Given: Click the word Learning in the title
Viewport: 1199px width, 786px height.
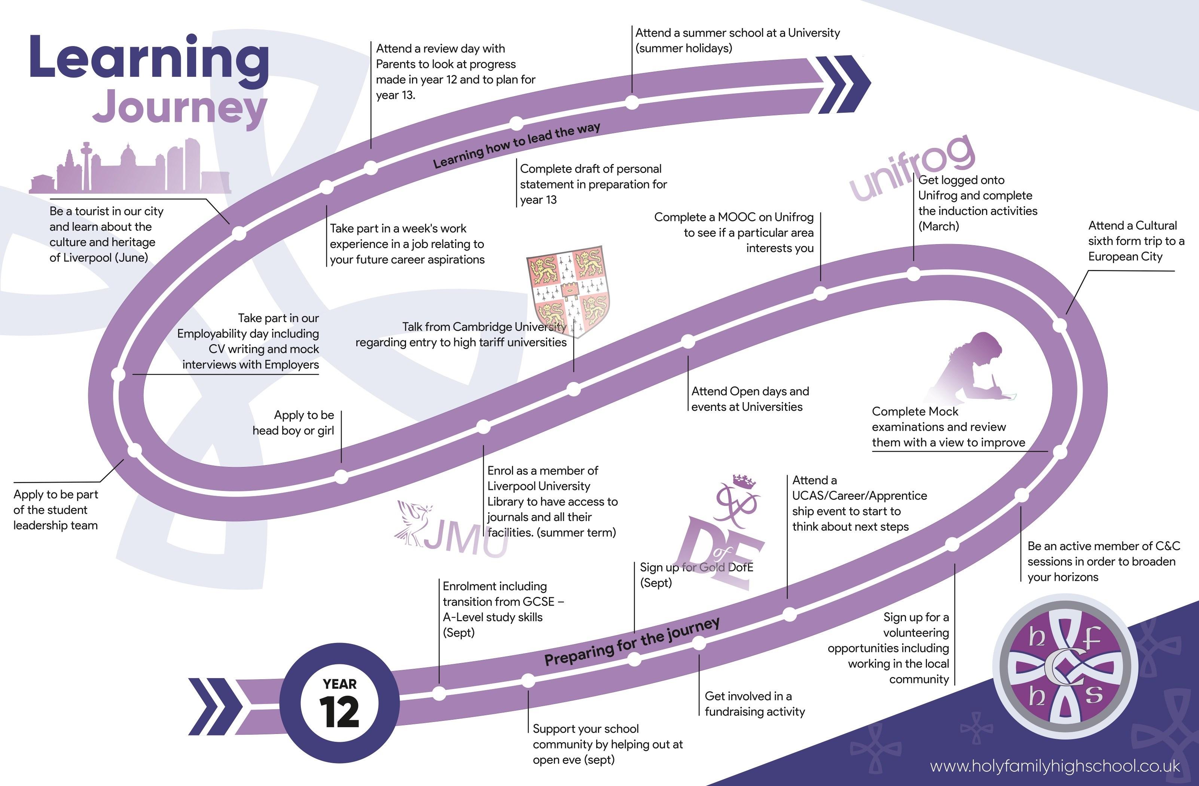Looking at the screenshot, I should click(x=149, y=60).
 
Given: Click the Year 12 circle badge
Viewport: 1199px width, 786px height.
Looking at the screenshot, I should click(x=339, y=702).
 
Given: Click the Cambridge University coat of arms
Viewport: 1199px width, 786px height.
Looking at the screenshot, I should click(x=568, y=290).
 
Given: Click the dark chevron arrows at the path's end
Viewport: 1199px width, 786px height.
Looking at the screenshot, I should click(x=842, y=84).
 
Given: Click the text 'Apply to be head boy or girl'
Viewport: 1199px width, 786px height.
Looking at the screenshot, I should click(x=293, y=422).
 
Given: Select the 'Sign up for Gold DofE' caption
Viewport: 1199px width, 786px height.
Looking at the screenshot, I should click(x=696, y=575).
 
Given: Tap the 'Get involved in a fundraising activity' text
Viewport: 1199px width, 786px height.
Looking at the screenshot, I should click(x=754, y=704).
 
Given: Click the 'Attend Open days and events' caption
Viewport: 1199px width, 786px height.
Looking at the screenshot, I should click(x=750, y=399).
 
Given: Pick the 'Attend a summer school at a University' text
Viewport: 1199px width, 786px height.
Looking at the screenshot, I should click(x=737, y=40).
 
